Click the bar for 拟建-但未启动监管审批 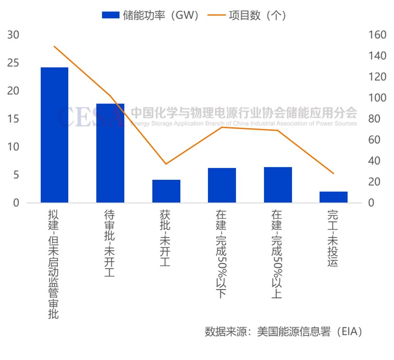pos(54,135)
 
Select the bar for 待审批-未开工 pos(110,153)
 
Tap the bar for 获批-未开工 pos(166,191)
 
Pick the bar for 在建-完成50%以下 pos(222,185)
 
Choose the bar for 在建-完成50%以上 pos(278,185)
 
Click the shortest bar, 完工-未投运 pos(333,197)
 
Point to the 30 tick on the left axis pos(13,35)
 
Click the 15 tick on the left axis pos(13,119)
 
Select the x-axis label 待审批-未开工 pos(109,243)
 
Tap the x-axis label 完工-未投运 pos(333,237)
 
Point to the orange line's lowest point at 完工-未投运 pos(333,174)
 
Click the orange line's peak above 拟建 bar pos(54,46)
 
